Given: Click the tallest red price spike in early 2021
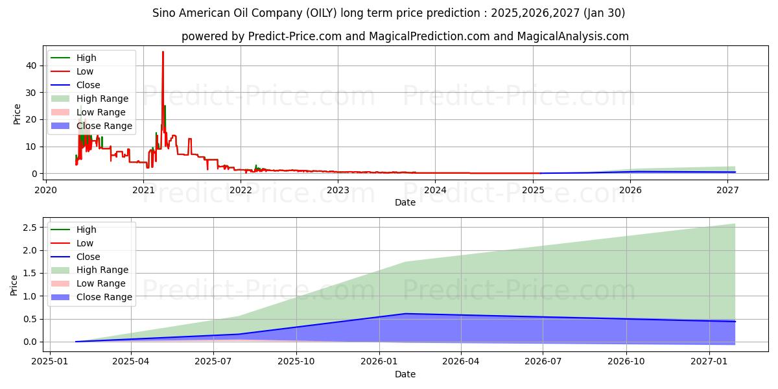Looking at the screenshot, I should pos(163,53).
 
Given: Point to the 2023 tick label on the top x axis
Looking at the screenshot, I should pos(338,190).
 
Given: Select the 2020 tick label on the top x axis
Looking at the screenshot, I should pos(45,190).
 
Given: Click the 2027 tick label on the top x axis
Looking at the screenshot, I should pos(727,190).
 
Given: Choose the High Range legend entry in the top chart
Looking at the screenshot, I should pos(102,99).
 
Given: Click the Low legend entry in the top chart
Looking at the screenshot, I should pos(85,71).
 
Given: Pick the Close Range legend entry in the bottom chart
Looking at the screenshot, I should pos(104,297).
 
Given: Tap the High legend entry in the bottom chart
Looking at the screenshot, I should pos(86,230).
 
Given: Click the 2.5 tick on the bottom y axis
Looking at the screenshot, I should pos(29,227).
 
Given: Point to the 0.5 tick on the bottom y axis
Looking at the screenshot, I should pos(29,319).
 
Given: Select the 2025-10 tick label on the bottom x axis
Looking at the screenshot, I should pos(296,361).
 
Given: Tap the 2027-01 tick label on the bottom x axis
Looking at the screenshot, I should pos(711,361).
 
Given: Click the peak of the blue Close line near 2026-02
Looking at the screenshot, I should pos(405,314).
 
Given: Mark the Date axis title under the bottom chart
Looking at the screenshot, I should pos(405,374).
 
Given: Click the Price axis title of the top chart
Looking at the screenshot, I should pos(17,114).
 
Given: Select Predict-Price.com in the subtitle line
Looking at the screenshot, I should pos(294,36).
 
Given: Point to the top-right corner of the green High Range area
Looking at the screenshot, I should pos(735,224).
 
